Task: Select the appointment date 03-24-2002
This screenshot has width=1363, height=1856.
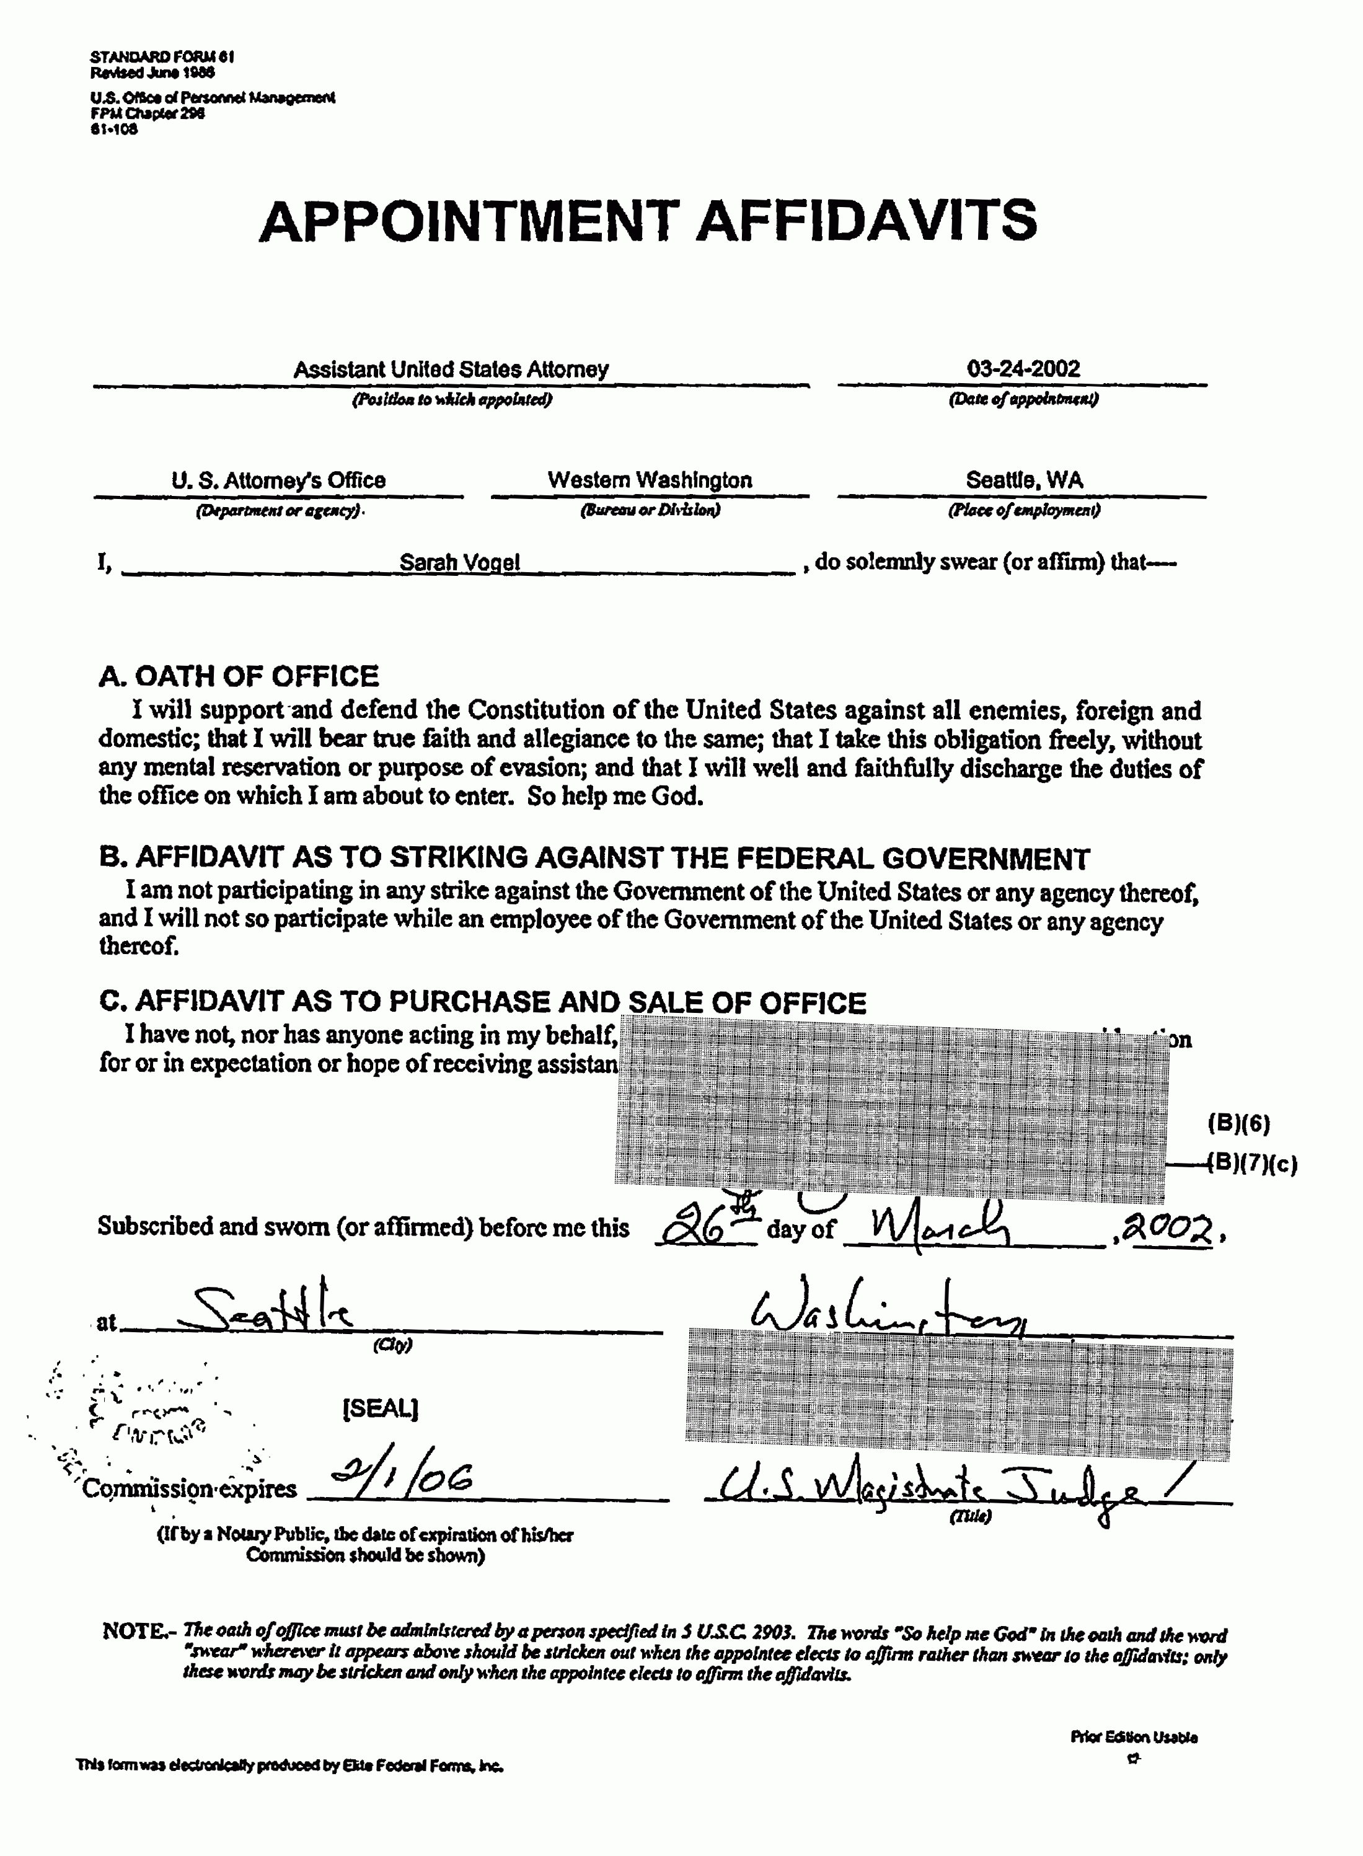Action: click(1023, 368)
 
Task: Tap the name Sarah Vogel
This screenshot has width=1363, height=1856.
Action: click(459, 562)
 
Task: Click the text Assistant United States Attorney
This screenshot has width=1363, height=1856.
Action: click(451, 369)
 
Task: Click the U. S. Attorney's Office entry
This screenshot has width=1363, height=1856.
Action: click(278, 480)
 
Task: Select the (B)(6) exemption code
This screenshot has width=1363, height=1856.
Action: click(1238, 1123)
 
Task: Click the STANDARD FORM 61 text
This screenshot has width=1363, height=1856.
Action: click(162, 57)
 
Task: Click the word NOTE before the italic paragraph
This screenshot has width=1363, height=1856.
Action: click(135, 1631)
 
